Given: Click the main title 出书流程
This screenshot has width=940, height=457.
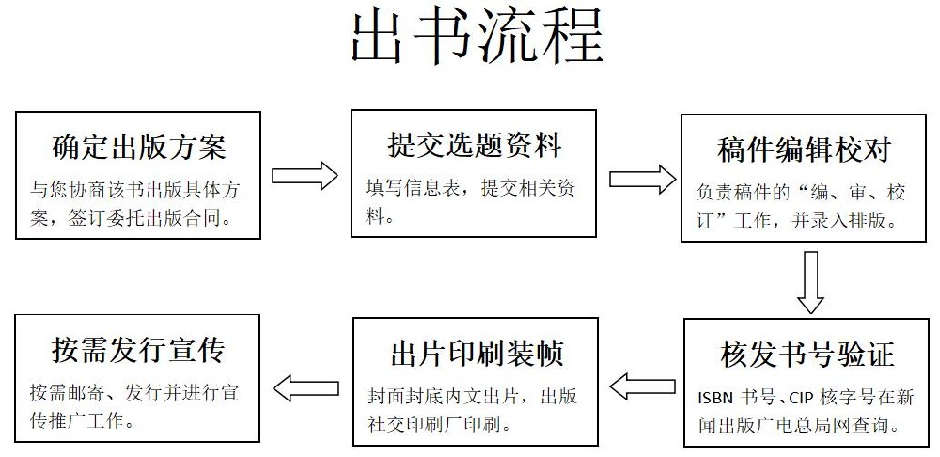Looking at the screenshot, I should pos(477,39).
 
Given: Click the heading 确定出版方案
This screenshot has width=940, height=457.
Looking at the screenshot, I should pos(138,148).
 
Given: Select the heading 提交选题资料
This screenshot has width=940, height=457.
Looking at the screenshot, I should pos(474,146).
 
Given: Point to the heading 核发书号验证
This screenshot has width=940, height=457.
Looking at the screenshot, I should pos(807,355).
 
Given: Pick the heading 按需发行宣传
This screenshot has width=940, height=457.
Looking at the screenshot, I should pos(138,351).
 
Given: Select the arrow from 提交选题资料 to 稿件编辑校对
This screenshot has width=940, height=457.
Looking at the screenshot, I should pos(642,178).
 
